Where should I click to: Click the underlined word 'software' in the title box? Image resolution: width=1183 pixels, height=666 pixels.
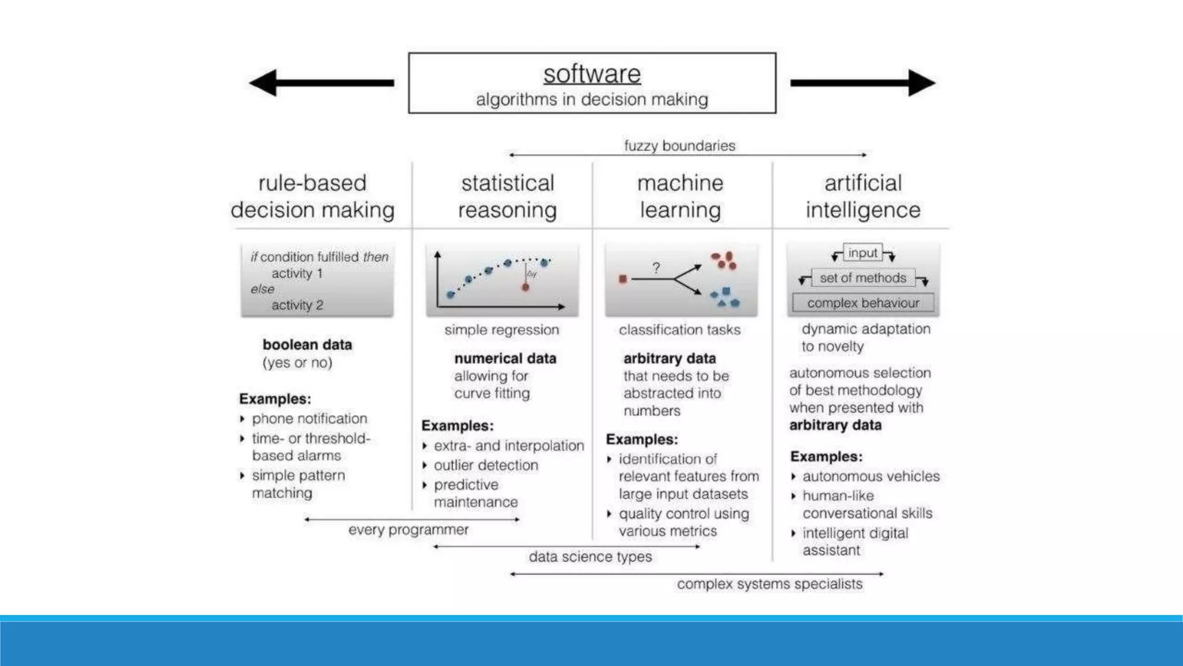(592, 74)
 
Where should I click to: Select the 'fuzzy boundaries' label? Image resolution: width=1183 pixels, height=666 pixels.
(679, 146)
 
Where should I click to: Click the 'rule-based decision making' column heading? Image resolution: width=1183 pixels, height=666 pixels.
(313, 197)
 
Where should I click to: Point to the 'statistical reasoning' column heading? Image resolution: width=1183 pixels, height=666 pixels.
(507, 197)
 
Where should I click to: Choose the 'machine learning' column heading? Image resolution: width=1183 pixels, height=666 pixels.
(680, 197)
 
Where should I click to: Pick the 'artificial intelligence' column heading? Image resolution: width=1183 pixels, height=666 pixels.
(863, 197)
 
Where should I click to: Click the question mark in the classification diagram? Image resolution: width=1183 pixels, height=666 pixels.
(656, 268)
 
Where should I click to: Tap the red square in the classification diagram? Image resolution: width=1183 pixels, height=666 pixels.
(623, 279)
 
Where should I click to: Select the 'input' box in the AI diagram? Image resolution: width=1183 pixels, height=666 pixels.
(862, 253)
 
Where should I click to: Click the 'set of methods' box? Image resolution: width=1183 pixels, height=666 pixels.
(863, 278)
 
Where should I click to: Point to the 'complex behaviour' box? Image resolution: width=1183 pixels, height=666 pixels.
(863, 303)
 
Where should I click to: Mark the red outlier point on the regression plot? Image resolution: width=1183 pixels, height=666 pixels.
(526, 287)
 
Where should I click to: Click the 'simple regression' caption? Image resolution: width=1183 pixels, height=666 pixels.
(502, 330)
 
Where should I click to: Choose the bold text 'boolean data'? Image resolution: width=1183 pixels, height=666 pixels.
(307, 345)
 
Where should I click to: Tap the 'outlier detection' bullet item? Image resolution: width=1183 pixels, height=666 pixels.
(486, 465)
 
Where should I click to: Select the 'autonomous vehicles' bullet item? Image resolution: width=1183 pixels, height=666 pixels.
(871, 476)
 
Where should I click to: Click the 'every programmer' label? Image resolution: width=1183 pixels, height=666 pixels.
(408, 530)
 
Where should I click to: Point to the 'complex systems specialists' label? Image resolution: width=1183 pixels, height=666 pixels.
(769, 584)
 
